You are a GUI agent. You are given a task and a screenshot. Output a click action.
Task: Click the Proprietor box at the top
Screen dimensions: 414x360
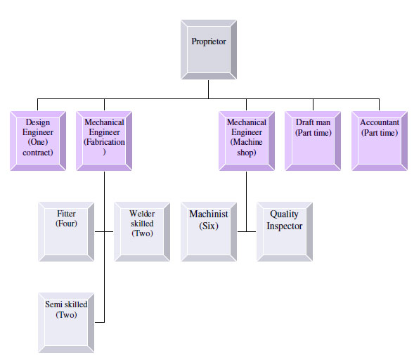coord(209,50)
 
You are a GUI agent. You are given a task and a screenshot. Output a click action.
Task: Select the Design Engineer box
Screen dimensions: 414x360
coord(38,141)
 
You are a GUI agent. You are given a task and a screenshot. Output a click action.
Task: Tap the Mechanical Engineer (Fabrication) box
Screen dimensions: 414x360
coord(104,141)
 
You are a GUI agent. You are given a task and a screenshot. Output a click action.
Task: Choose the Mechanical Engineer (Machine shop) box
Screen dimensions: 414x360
coord(247,141)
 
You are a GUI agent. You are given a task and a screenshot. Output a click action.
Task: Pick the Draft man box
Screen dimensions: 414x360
coord(313,141)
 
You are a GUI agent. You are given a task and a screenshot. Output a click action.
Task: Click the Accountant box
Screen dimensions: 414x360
coord(380,141)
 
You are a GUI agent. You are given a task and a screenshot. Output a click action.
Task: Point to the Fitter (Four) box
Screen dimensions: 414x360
coord(66,232)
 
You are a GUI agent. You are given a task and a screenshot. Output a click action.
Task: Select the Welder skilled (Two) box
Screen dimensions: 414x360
coord(142,232)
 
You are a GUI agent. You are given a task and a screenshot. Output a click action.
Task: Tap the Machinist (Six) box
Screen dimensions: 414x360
coord(209,232)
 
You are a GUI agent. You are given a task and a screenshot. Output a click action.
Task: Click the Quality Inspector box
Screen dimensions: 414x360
coord(285,232)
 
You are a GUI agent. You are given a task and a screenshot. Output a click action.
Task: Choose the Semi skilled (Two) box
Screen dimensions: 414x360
coord(66,323)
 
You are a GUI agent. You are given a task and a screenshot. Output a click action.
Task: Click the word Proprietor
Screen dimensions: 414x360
coord(209,41)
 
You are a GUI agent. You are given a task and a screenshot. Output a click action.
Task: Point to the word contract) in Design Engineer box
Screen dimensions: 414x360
coord(38,153)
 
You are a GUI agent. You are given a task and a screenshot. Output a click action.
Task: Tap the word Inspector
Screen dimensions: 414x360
coord(285,226)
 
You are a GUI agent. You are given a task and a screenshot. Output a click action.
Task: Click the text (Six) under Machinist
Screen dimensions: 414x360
coord(209,226)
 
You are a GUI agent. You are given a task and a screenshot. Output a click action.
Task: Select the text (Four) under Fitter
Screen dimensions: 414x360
coord(66,224)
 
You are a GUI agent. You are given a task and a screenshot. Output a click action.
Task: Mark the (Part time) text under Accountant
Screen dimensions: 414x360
coord(380,133)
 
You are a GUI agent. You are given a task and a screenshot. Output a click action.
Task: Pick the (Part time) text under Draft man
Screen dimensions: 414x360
coord(313,133)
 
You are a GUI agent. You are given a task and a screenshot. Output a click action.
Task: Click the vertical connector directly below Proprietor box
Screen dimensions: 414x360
coord(208,89)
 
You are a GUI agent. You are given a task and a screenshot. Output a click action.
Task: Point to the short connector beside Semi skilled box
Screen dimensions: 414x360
coord(100,322)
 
